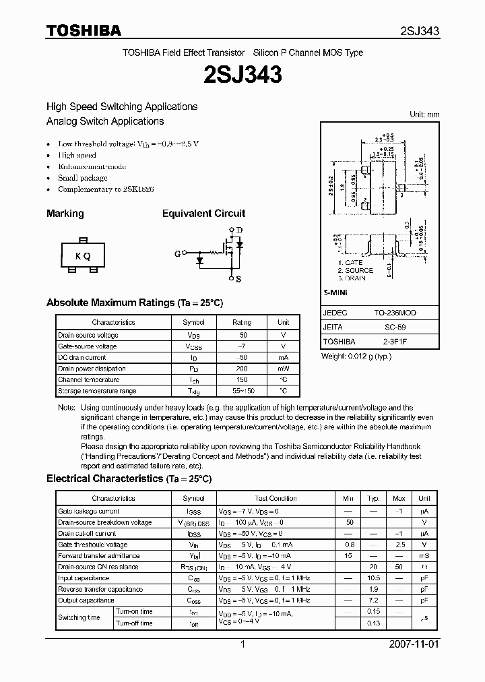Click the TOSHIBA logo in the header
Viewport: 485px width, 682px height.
(84, 31)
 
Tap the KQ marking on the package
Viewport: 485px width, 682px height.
(83, 255)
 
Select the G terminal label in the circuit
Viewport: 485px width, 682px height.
(177, 253)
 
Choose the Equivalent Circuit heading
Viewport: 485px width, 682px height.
(203, 214)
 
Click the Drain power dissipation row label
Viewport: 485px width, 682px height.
(92, 369)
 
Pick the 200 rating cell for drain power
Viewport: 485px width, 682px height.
(243, 369)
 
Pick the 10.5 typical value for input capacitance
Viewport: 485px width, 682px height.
(373, 578)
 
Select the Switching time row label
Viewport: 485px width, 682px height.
(79, 617)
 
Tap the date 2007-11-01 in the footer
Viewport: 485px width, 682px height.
(414, 644)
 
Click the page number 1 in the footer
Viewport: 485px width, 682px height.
(242, 644)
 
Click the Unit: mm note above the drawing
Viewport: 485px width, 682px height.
(424, 115)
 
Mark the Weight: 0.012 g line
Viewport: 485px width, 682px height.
(356, 356)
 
